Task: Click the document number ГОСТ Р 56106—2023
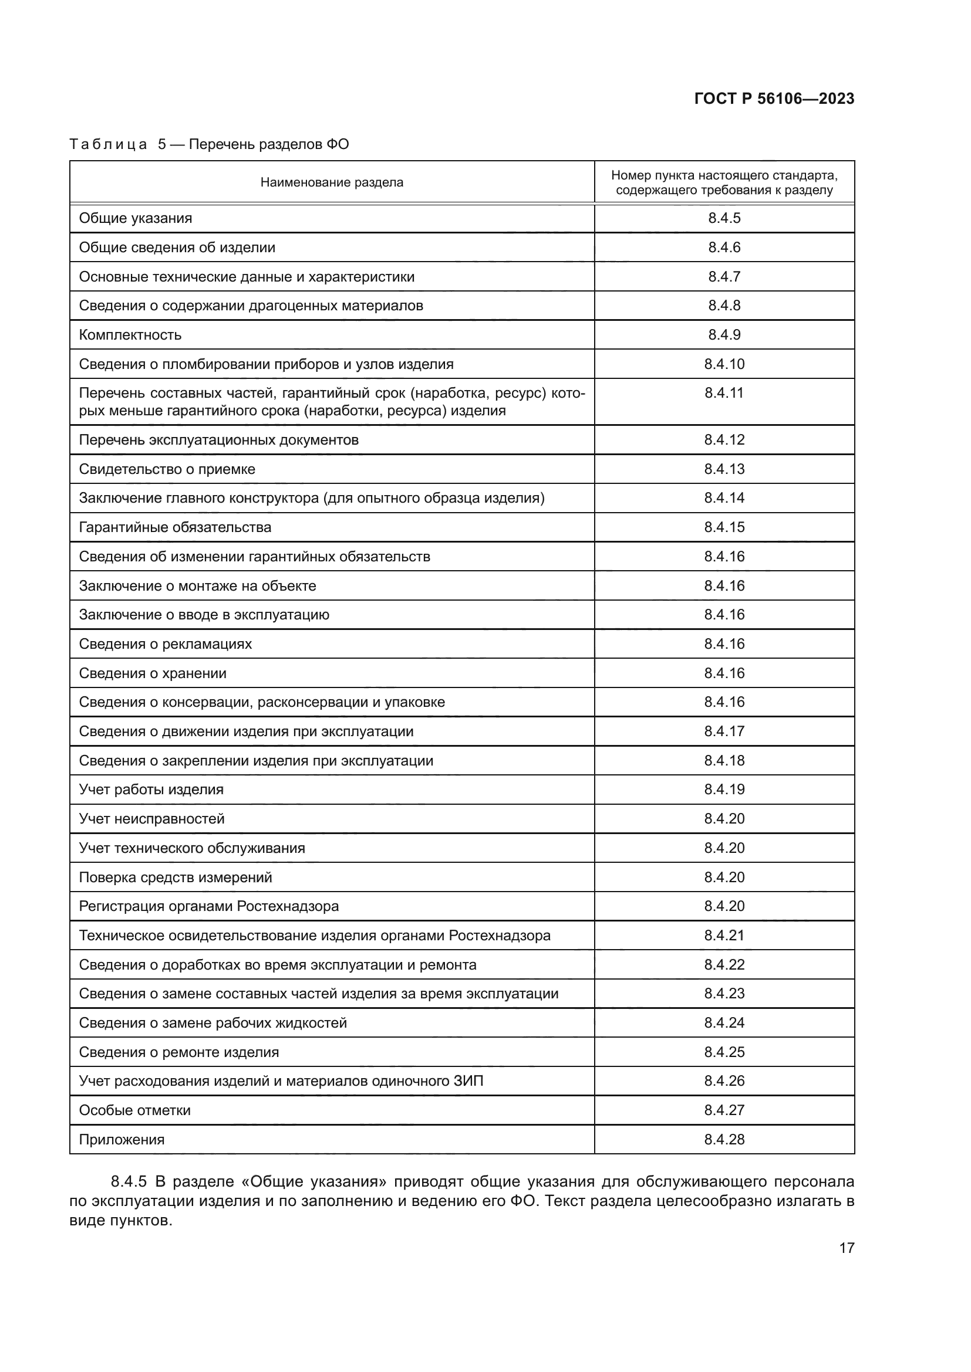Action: point(774,99)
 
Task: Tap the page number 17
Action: point(847,1248)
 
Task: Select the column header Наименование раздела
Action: point(332,183)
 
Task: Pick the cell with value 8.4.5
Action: point(724,218)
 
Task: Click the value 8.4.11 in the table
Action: point(724,393)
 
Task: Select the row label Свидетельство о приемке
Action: point(167,469)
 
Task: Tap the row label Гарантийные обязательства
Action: point(175,527)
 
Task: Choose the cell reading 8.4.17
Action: point(724,731)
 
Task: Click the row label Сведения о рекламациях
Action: point(166,644)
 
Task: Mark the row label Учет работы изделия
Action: point(151,790)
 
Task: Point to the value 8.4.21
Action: point(724,935)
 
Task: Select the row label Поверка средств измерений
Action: point(175,877)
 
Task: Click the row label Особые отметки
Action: point(134,1110)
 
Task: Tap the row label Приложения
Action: point(122,1140)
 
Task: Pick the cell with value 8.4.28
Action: point(724,1140)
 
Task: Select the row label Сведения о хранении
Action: point(153,673)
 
